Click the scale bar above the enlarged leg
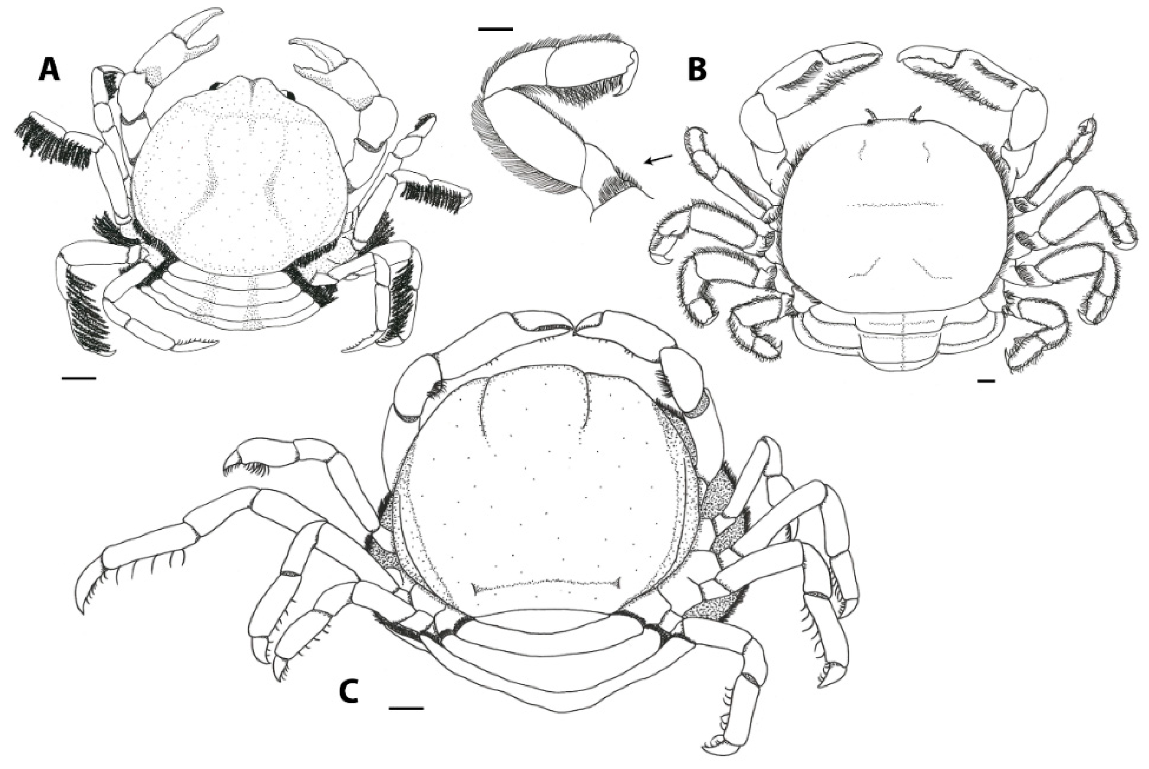(x=495, y=29)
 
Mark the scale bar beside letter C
(x=406, y=708)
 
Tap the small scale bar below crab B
(x=986, y=380)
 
